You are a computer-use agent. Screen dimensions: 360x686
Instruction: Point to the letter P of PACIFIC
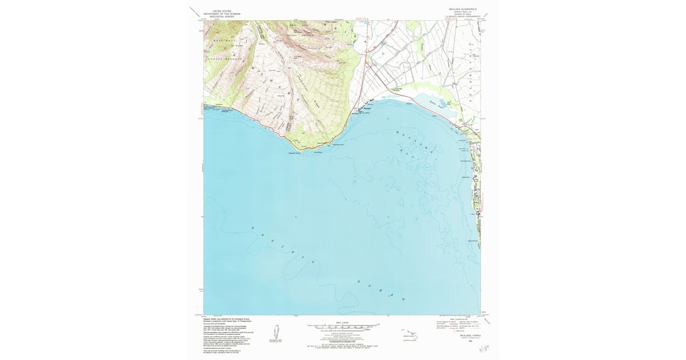click(x=253, y=229)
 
